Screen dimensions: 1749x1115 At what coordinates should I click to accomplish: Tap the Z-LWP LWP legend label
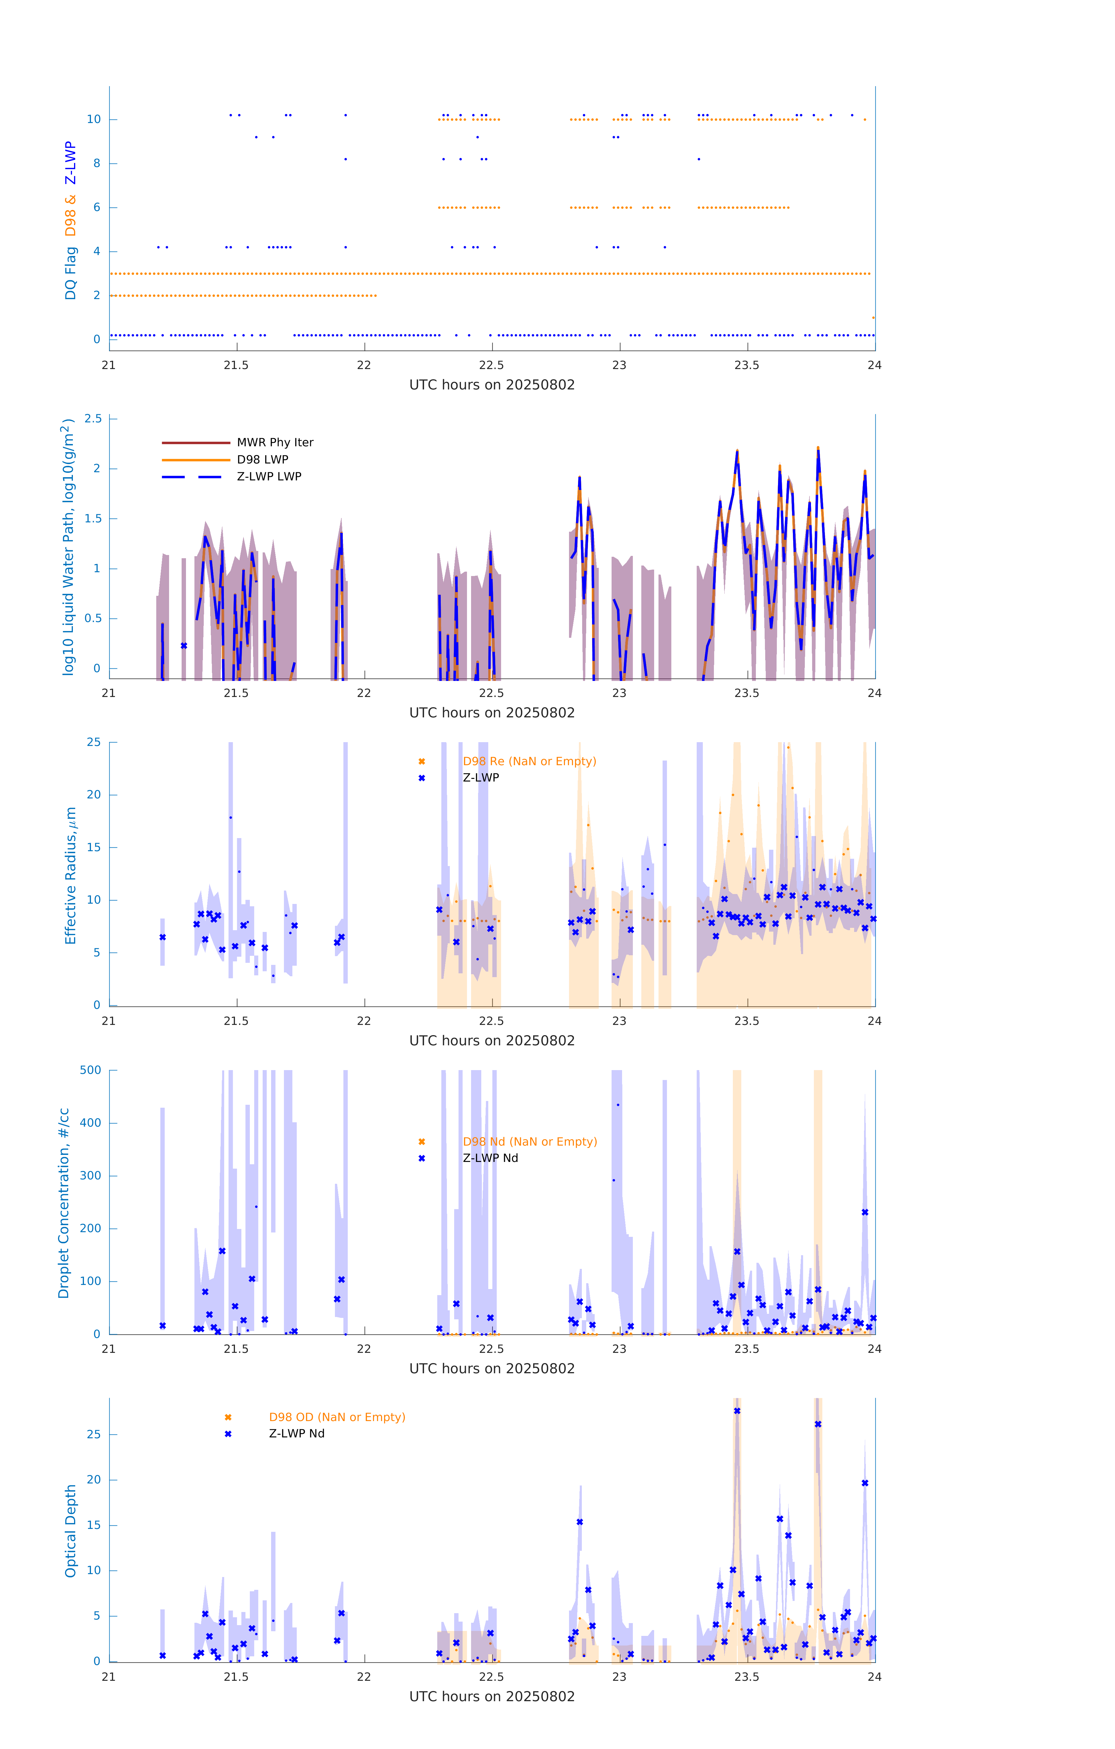(269, 477)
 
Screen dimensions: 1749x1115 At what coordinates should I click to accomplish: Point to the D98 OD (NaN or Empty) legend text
(337, 1417)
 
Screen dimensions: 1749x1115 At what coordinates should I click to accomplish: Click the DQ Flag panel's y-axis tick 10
(94, 119)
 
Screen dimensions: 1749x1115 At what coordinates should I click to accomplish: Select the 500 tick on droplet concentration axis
(91, 1070)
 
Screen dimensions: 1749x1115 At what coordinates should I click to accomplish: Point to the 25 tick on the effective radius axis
(94, 742)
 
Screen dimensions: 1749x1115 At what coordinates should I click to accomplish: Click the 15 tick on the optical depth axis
(94, 1525)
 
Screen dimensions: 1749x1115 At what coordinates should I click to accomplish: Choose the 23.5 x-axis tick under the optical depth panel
(747, 1677)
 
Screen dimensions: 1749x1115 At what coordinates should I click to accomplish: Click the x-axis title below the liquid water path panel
(492, 712)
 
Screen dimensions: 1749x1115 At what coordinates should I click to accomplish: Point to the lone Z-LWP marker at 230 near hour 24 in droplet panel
(864, 1212)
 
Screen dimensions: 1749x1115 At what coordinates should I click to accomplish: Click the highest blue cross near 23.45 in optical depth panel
(737, 1411)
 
